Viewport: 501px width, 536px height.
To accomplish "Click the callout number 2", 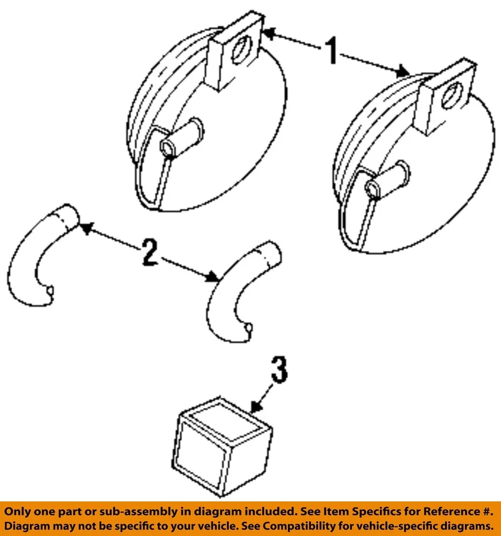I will tap(148, 252).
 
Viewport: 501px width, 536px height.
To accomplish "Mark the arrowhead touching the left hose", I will tap(84, 227).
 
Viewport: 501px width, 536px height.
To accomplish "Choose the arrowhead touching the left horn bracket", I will tap(266, 33).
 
